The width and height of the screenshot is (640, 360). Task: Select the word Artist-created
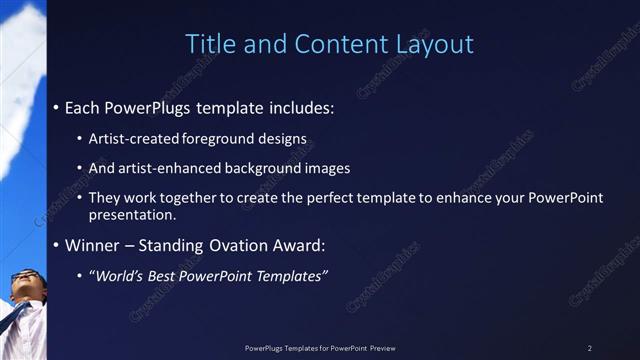[x=130, y=137]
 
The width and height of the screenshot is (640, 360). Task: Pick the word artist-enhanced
[x=162, y=168]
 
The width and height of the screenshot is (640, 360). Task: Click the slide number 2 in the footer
[x=590, y=348]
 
